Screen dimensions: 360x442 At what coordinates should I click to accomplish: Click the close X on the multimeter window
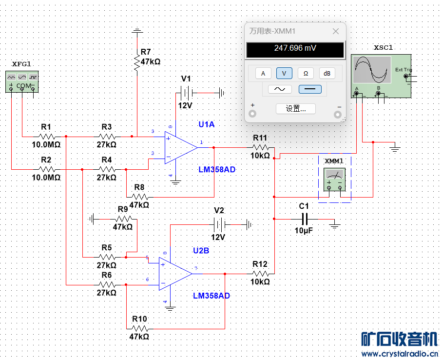pyautogui.click(x=335, y=31)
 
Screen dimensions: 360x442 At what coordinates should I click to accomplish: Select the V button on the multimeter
pyautogui.click(x=284, y=73)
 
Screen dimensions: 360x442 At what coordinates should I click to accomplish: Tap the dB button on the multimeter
pyautogui.click(x=327, y=73)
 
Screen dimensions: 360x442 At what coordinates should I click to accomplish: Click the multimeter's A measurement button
pyautogui.click(x=263, y=73)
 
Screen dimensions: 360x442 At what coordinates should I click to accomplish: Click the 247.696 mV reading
pyautogui.click(x=295, y=48)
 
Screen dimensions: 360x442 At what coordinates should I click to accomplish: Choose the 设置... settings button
pyautogui.click(x=295, y=108)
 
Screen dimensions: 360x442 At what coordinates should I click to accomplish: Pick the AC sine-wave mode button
pyautogui.click(x=280, y=89)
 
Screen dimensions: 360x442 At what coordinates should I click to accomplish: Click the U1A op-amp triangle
pyautogui.click(x=181, y=146)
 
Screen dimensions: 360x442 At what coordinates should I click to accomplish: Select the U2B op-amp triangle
pyautogui.click(x=175, y=274)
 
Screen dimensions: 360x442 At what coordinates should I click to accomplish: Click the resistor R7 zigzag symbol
pyautogui.click(x=137, y=62)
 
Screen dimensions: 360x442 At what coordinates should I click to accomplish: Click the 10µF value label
pyautogui.click(x=304, y=230)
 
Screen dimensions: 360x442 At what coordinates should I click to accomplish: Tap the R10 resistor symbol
pyautogui.click(x=140, y=328)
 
